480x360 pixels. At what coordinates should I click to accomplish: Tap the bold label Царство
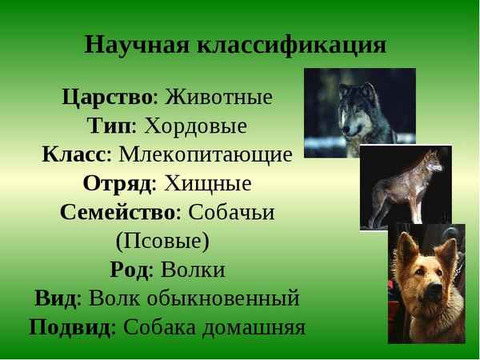coord(107,98)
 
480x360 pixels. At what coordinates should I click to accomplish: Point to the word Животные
coord(218,98)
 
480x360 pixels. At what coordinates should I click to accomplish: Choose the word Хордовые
coord(194,126)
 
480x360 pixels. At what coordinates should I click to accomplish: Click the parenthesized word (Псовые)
coord(162,241)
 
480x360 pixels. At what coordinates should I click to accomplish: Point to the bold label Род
coord(129,270)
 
